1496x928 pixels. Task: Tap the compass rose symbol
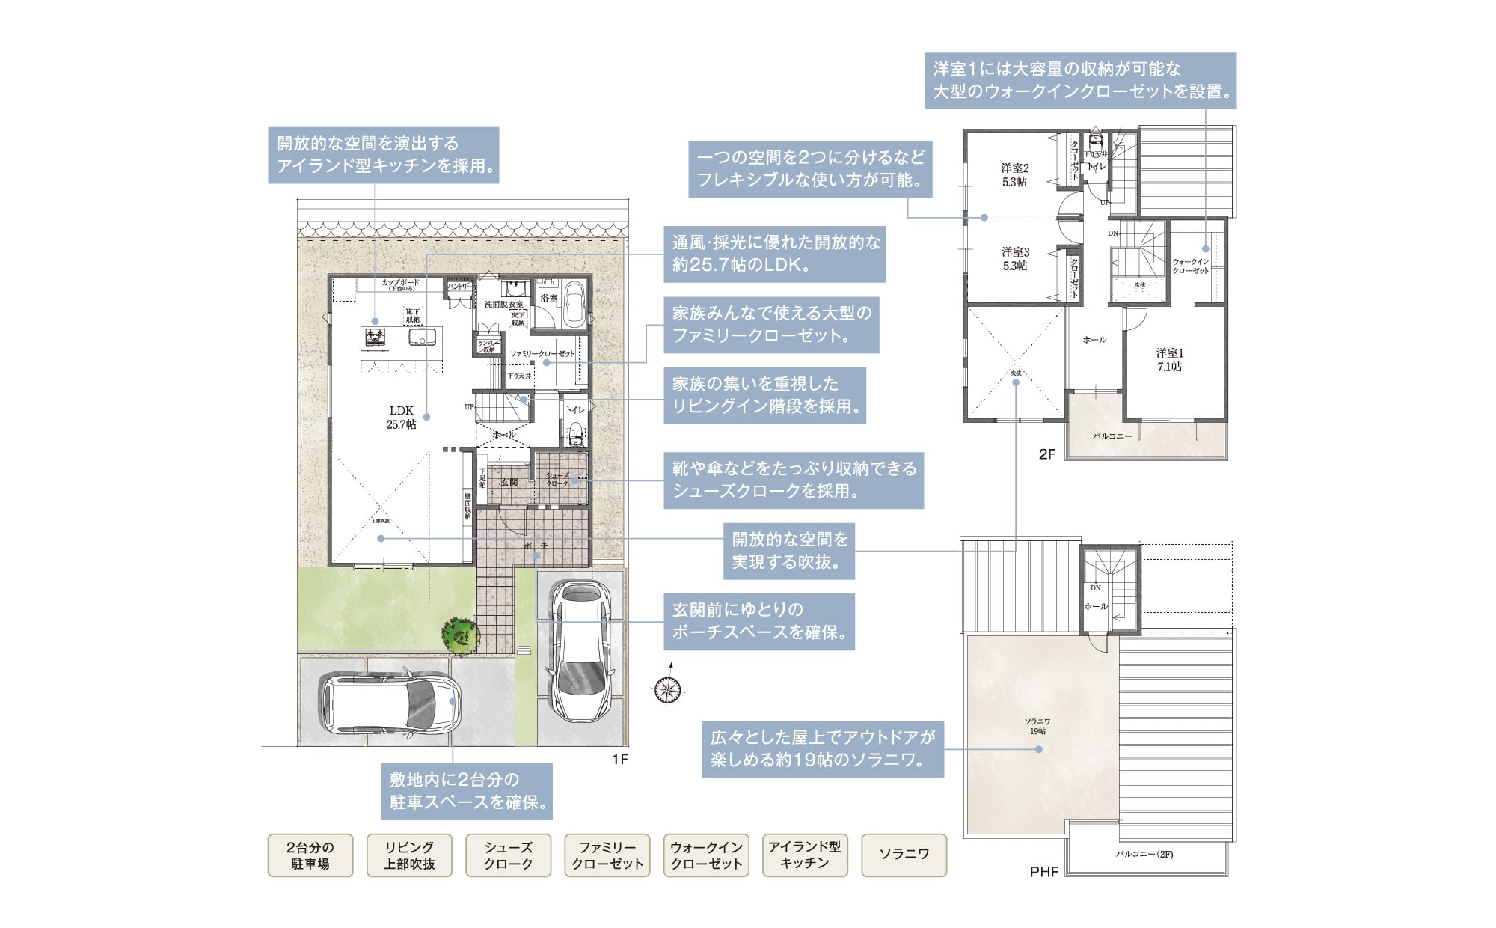pos(666,689)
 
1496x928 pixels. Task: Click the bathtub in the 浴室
pos(574,305)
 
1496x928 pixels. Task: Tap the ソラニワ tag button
pos(904,855)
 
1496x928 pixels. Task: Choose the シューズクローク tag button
pos(508,855)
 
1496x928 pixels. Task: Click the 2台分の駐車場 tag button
pos(310,855)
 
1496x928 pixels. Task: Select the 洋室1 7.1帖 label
pos(1169,360)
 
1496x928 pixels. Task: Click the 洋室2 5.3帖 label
pos(1015,175)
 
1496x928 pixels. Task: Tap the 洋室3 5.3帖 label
pos(1015,259)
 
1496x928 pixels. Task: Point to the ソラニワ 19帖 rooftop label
pos(1037,726)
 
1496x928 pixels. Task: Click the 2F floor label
pos(1046,454)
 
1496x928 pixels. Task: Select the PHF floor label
pos(1043,872)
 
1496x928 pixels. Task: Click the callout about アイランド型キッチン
pos(383,155)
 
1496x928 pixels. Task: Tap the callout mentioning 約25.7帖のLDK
pos(774,254)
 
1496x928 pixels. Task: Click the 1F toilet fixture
pos(575,433)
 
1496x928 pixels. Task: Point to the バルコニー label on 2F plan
pos(1112,436)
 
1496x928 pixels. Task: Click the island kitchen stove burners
pos(375,338)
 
